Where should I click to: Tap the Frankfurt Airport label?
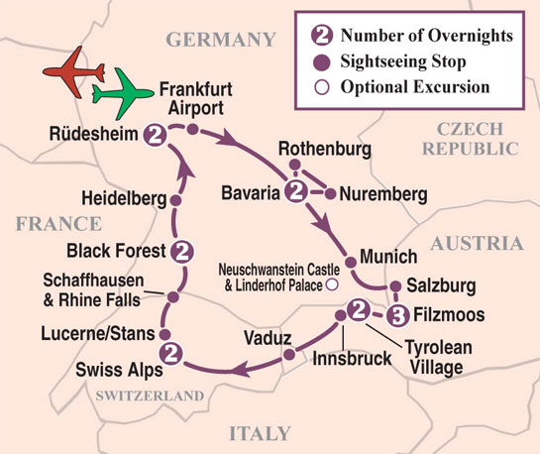click(x=196, y=99)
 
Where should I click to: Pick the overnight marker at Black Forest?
click(x=181, y=250)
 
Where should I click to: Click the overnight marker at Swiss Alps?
click(x=170, y=351)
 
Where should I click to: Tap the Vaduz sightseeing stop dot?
click(x=287, y=352)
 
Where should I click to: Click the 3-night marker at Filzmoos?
click(x=397, y=316)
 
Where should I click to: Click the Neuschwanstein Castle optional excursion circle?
click(x=332, y=284)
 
